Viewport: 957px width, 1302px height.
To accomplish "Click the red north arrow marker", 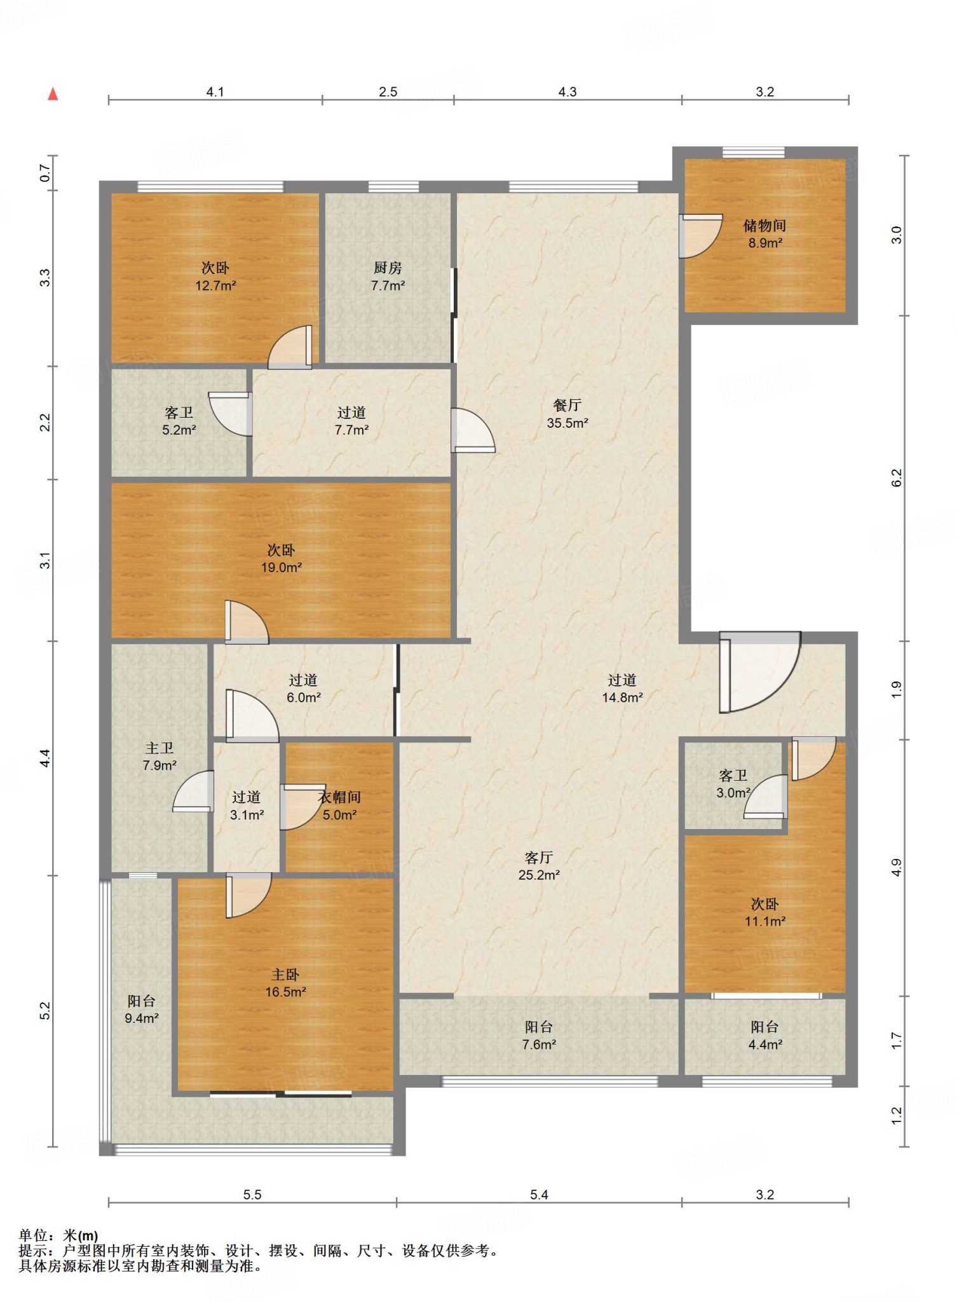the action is coord(53,94).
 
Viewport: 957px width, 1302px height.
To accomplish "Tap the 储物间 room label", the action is coord(765,226).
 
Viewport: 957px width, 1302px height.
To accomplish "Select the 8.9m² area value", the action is coord(765,243).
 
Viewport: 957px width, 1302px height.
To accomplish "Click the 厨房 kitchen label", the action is coord(388,268).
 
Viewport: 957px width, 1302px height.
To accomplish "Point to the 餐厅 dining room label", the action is coord(567,406).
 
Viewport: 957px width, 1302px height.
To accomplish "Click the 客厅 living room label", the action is coord(539,858).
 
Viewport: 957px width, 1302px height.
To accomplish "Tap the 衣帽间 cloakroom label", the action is coord(340,797).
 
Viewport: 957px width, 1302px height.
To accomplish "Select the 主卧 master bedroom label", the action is coord(285,975).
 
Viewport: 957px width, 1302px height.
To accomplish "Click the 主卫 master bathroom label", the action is coord(159,748).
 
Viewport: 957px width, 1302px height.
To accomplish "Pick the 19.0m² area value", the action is coord(282,568).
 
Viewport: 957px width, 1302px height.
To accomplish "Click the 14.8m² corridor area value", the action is coord(623,697).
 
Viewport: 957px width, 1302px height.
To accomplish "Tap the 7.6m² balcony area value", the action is coord(540,1045).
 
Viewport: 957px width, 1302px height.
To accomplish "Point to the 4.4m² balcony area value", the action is coord(765,1045).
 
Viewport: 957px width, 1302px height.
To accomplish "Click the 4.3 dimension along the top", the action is coord(567,92).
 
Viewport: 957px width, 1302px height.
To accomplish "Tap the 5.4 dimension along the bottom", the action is coord(539,1195).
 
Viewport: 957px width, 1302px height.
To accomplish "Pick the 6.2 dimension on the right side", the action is coord(897,478).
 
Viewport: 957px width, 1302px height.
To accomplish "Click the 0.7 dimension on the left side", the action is coord(45,173).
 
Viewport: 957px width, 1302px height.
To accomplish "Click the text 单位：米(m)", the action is coord(58,1236).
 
